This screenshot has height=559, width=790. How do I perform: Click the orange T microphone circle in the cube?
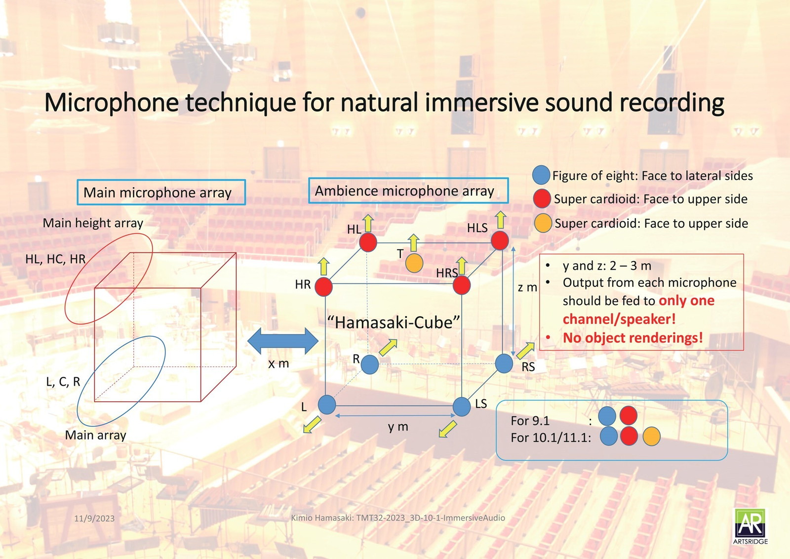click(414, 263)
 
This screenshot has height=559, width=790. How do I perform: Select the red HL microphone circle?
click(368, 242)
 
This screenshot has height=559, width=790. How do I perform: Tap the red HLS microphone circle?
click(500, 241)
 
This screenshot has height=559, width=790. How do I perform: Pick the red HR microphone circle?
click(323, 286)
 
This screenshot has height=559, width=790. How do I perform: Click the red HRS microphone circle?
click(462, 285)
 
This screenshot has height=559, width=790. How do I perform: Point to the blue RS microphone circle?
click(504, 363)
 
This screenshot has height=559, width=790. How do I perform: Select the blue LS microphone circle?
click(462, 406)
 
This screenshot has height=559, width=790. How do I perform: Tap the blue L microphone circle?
click(326, 405)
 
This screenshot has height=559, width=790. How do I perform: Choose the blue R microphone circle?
click(370, 365)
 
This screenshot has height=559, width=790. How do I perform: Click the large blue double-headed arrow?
click(283, 341)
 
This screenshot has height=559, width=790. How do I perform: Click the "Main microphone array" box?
click(161, 192)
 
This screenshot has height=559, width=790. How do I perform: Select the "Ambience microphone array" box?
click(408, 191)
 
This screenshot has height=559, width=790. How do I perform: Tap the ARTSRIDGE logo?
click(750, 526)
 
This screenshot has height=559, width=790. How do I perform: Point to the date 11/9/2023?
click(94, 519)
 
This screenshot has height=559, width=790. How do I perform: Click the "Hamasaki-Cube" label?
click(394, 323)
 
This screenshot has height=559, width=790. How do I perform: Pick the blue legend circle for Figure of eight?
click(541, 175)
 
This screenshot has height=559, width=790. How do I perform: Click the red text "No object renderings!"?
click(632, 338)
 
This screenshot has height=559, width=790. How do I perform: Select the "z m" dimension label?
click(527, 287)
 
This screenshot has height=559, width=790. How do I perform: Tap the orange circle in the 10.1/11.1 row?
click(651, 437)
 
